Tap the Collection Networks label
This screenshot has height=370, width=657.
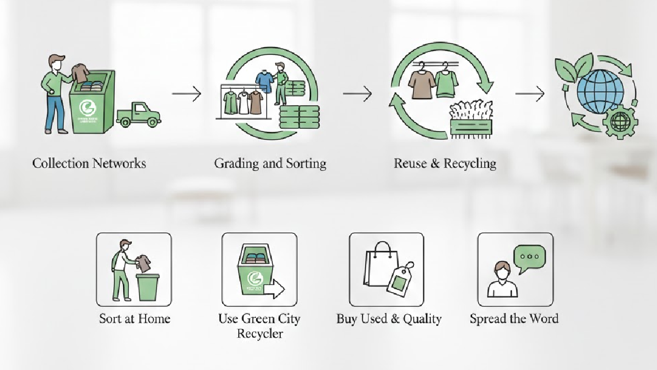[89, 163]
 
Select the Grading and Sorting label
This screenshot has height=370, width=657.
[270, 163]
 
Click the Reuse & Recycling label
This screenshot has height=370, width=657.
[445, 163]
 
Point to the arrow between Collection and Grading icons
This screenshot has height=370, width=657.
[186, 94]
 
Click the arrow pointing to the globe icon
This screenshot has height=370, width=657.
[529, 94]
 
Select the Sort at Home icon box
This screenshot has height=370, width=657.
[134, 269]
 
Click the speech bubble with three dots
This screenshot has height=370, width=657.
[529, 258]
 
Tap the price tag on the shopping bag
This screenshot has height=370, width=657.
[399, 279]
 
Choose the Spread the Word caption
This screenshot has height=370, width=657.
[514, 318]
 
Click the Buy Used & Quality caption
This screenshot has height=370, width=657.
[389, 318]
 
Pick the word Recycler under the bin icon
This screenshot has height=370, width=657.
[260, 333]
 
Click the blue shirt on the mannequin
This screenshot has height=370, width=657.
[264, 81]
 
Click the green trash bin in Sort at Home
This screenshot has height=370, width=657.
[148, 287]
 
